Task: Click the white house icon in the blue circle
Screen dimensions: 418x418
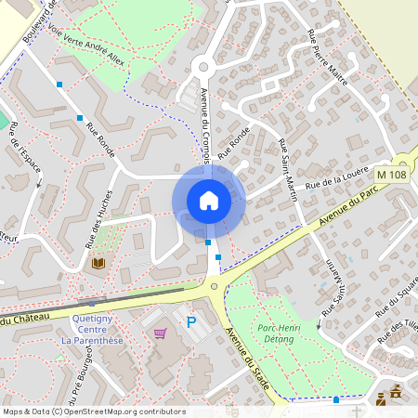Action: click(x=209, y=201)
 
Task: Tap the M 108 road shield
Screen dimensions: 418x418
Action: click(x=392, y=174)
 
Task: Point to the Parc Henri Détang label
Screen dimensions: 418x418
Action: click(x=285, y=333)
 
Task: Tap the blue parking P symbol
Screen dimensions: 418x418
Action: click(x=191, y=322)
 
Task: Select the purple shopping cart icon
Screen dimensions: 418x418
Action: click(x=160, y=333)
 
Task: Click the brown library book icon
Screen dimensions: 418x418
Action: click(x=98, y=264)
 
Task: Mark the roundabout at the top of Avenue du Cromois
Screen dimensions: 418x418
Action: click(x=202, y=66)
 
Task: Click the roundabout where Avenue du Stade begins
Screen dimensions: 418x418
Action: click(x=216, y=286)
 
